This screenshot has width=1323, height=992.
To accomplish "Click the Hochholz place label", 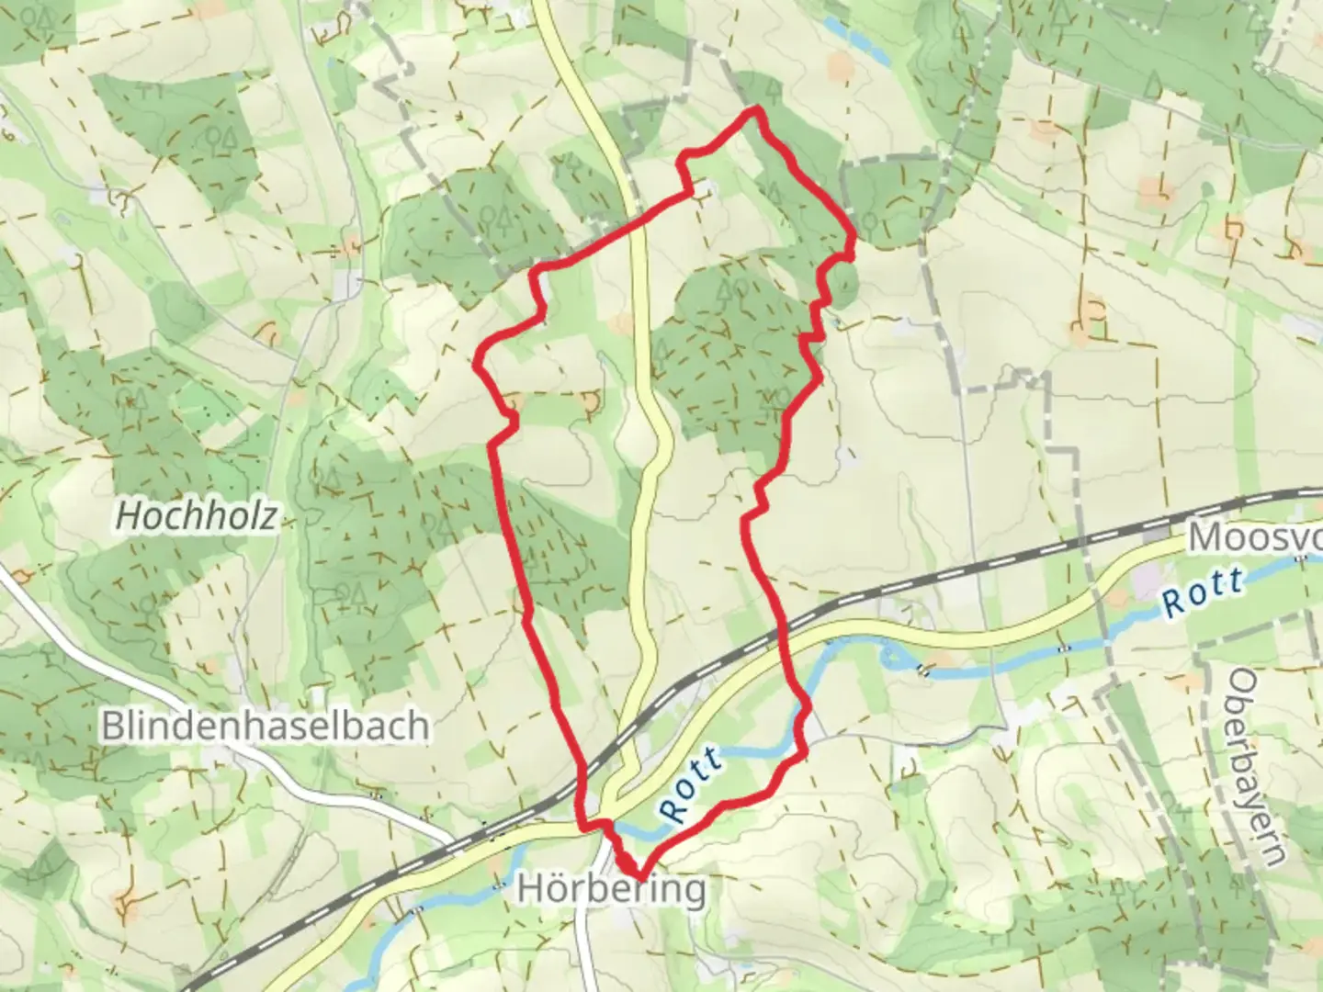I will [x=196, y=516].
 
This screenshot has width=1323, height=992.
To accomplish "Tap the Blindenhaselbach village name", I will [x=265, y=726].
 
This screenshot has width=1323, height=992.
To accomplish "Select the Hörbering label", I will [x=612, y=889].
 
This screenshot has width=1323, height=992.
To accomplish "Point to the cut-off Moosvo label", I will [x=1255, y=538].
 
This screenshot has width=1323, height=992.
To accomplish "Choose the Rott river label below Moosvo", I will [x=1203, y=593].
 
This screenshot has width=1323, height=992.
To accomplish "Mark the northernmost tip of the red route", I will [x=756, y=109].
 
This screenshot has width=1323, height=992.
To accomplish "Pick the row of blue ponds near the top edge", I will [x=856, y=41].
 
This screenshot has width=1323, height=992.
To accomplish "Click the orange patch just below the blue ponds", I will [x=840, y=65].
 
